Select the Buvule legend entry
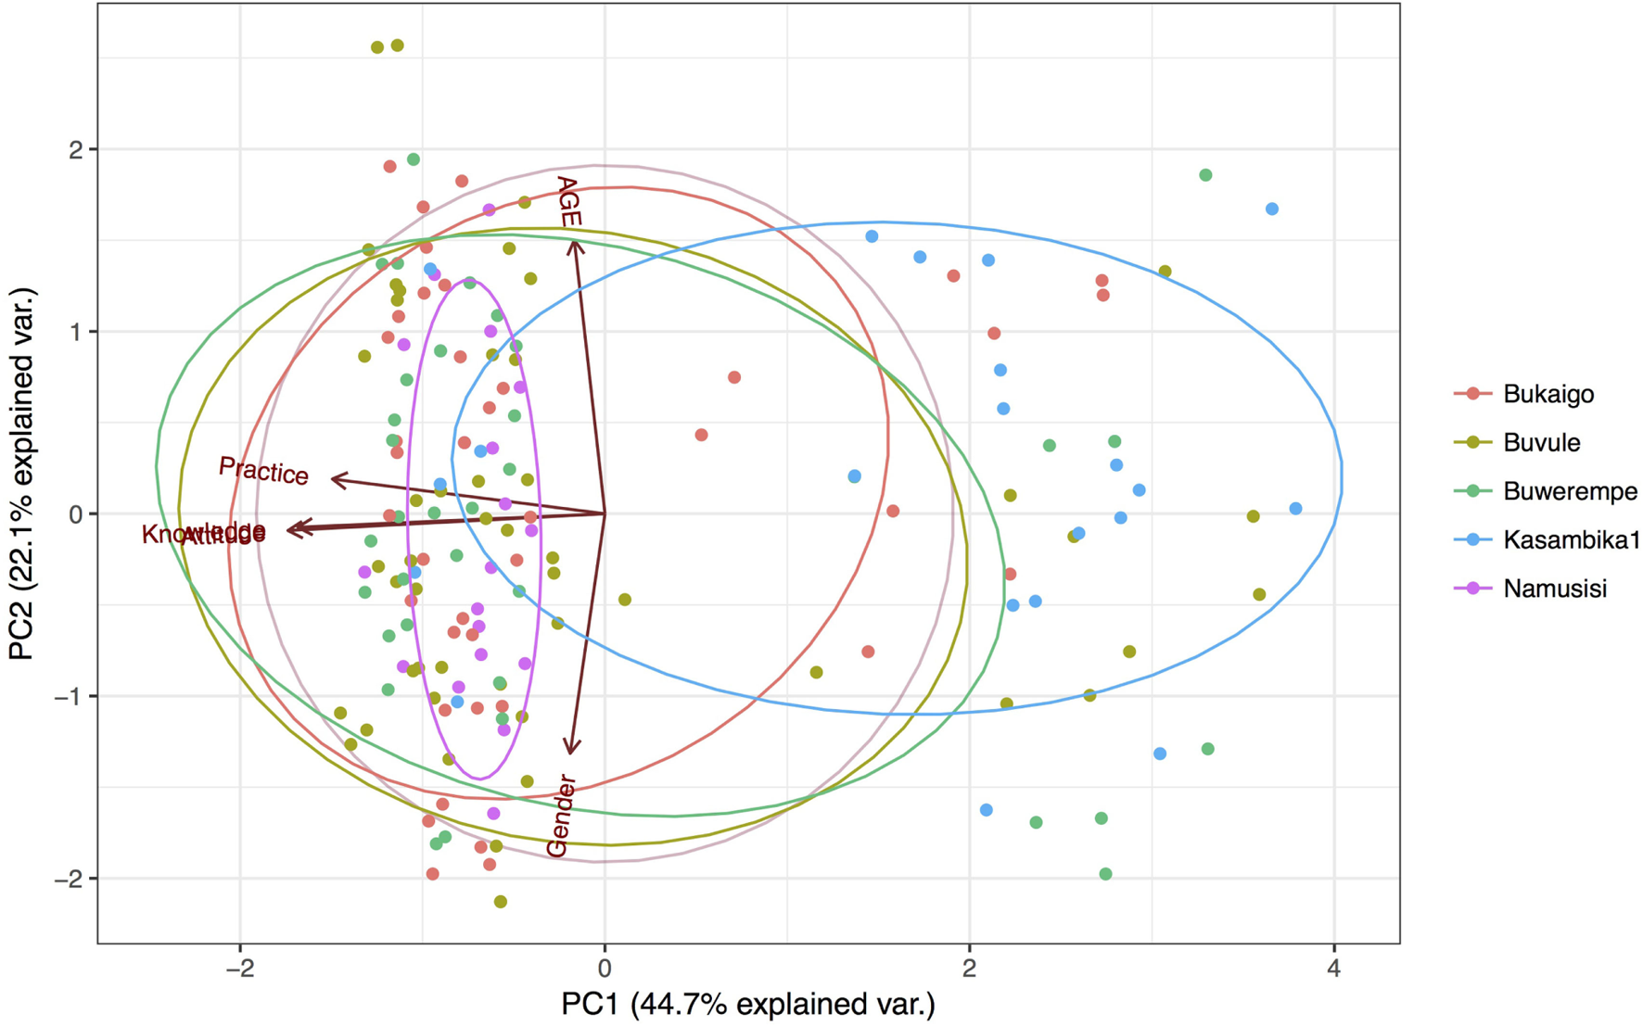coord(1541,442)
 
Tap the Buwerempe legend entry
coord(1569,491)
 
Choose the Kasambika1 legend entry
coord(1571,539)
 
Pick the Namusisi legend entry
coord(1554,589)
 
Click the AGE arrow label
coord(567,202)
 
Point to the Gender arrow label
coord(561,816)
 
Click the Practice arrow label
coord(263,471)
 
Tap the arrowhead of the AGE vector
coord(574,243)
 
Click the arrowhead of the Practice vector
coord(334,479)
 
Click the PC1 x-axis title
coord(747,1005)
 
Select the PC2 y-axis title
coord(22,474)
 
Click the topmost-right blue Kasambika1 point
coord(1272,209)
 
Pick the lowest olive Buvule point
coord(501,902)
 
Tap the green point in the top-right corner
coord(1205,175)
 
